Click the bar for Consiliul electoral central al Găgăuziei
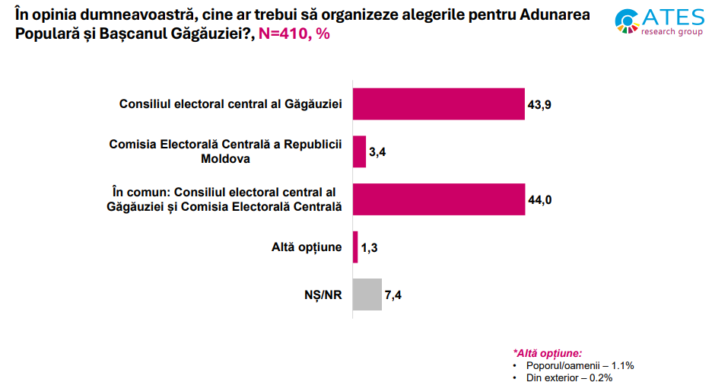[x=439, y=104]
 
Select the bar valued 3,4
[x=359, y=151]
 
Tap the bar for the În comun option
[x=439, y=199]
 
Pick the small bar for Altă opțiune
[x=355, y=247]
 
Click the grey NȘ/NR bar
[x=367, y=294]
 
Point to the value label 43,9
[x=539, y=105]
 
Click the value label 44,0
[x=539, y=200]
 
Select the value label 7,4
[x=393, y=295]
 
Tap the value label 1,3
[x=370, y=247]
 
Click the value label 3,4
[x=378, y=152]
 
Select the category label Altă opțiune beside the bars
[x=307, y=247]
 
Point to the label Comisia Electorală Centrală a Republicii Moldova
[x=226, y=151]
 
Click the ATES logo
[x=658, y=21]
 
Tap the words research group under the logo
[x=672, y=33]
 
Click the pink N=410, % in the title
[x=294, y=35]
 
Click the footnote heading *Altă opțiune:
[x=548, y=353]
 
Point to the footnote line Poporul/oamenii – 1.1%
[x=580, y=365]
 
